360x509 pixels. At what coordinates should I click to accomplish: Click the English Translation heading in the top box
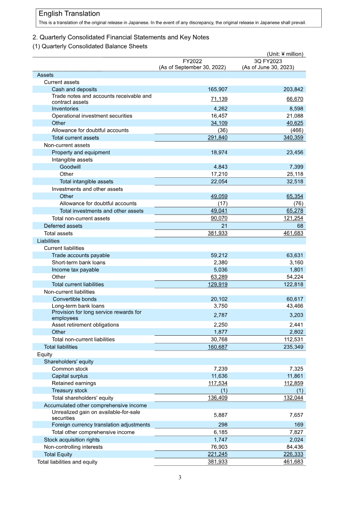click(x=69, y=14)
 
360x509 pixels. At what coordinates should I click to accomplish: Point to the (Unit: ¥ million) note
click(x=285, y=54)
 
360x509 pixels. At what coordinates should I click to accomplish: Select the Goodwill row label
click(x=70, y=167)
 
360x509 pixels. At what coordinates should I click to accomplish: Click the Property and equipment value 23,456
click(x=293, y=153)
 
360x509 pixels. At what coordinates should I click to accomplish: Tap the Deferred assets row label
click(x=63, y=226)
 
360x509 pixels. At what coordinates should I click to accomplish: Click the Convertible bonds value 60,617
click(x=293, y=299)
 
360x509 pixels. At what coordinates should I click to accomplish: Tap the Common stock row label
click(x=70, y=369)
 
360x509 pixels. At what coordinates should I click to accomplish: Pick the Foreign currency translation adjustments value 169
click(x=298, y=425)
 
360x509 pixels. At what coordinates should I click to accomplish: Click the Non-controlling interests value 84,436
click(x=293, y=447)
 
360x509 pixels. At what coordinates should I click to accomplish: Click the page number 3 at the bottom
click(x=180, y=477)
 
